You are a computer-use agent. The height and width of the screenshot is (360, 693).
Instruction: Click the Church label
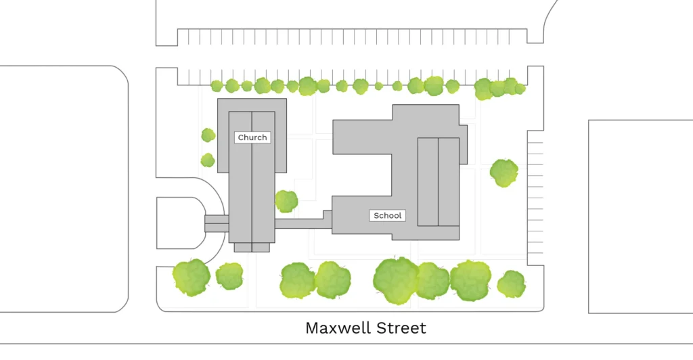coord(252,137)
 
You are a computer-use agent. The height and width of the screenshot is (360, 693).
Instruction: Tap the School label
coord(388,216)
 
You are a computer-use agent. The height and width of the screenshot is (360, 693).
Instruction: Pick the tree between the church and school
coord(286,201)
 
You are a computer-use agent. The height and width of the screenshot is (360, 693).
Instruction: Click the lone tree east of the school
coord(504,173)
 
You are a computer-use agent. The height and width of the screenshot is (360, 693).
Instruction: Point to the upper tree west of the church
coord(208,135)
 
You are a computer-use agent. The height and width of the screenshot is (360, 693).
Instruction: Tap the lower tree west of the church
coord(208,160)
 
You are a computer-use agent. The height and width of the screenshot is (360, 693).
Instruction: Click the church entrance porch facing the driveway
coord(217,223)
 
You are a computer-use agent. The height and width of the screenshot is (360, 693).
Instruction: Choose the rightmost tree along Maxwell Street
coord(511,284)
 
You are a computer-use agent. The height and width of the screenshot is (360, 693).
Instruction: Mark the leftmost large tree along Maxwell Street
coord(192,277)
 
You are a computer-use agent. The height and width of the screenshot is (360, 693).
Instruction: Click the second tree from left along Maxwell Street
coord(229,276)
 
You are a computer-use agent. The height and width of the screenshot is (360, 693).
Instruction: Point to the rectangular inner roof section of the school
coord(438,181)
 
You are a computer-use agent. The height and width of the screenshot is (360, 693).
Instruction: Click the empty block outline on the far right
coord(640,217)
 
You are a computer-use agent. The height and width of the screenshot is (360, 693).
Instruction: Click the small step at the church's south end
coord(252,248)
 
